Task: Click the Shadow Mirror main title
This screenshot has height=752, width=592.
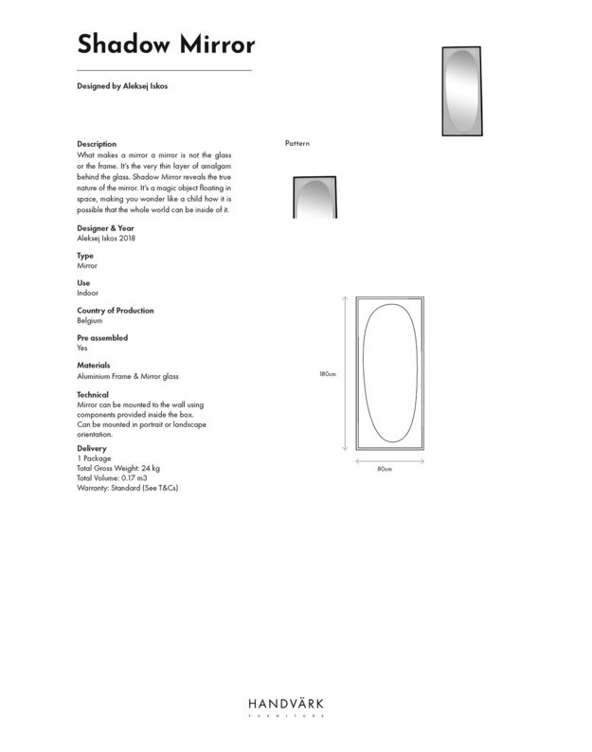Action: [165, 45]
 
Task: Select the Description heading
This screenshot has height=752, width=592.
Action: [97, 144]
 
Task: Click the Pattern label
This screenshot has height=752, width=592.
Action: [297, 144]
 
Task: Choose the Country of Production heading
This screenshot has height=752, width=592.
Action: [115, 311]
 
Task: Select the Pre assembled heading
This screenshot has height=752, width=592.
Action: [101, 338]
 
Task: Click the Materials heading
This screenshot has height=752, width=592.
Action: [93, 366]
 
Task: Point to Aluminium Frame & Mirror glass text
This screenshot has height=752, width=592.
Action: [127, 376]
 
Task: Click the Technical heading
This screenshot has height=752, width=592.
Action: [92, 395]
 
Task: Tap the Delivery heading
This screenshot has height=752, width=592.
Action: [91, 449]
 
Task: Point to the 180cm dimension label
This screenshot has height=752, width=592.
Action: [328, 374]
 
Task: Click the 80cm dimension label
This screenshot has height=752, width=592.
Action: [385, 469]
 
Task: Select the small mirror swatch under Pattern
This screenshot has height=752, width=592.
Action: [313, 198]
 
